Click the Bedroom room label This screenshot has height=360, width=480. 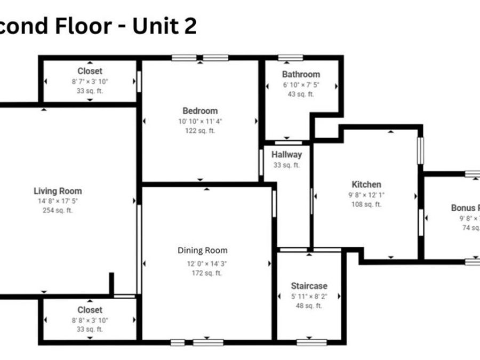(200, 111)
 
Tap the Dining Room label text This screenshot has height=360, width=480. (203, 251)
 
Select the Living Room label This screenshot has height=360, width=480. (58, 191)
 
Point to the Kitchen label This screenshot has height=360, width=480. (366, 185)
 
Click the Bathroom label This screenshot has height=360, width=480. (301, 75)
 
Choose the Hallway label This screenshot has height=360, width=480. (286, 155)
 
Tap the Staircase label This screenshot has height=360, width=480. (309, 286)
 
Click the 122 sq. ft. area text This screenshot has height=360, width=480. (200, 131)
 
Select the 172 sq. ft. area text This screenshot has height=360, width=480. (203, 273)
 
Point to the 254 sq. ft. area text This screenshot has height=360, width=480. (58, 211)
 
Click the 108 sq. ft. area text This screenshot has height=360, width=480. (366, 204)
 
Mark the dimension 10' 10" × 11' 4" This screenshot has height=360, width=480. (200, 121)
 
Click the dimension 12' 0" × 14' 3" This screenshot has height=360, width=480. (203, 263)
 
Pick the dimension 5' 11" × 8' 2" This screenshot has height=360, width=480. (309, 296)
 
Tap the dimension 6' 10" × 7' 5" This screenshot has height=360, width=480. (301, 85)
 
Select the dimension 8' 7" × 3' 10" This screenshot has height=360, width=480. (90, 82)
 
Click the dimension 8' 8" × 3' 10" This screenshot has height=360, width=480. (90, 320)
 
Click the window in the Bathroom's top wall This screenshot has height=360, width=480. (291, 58)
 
